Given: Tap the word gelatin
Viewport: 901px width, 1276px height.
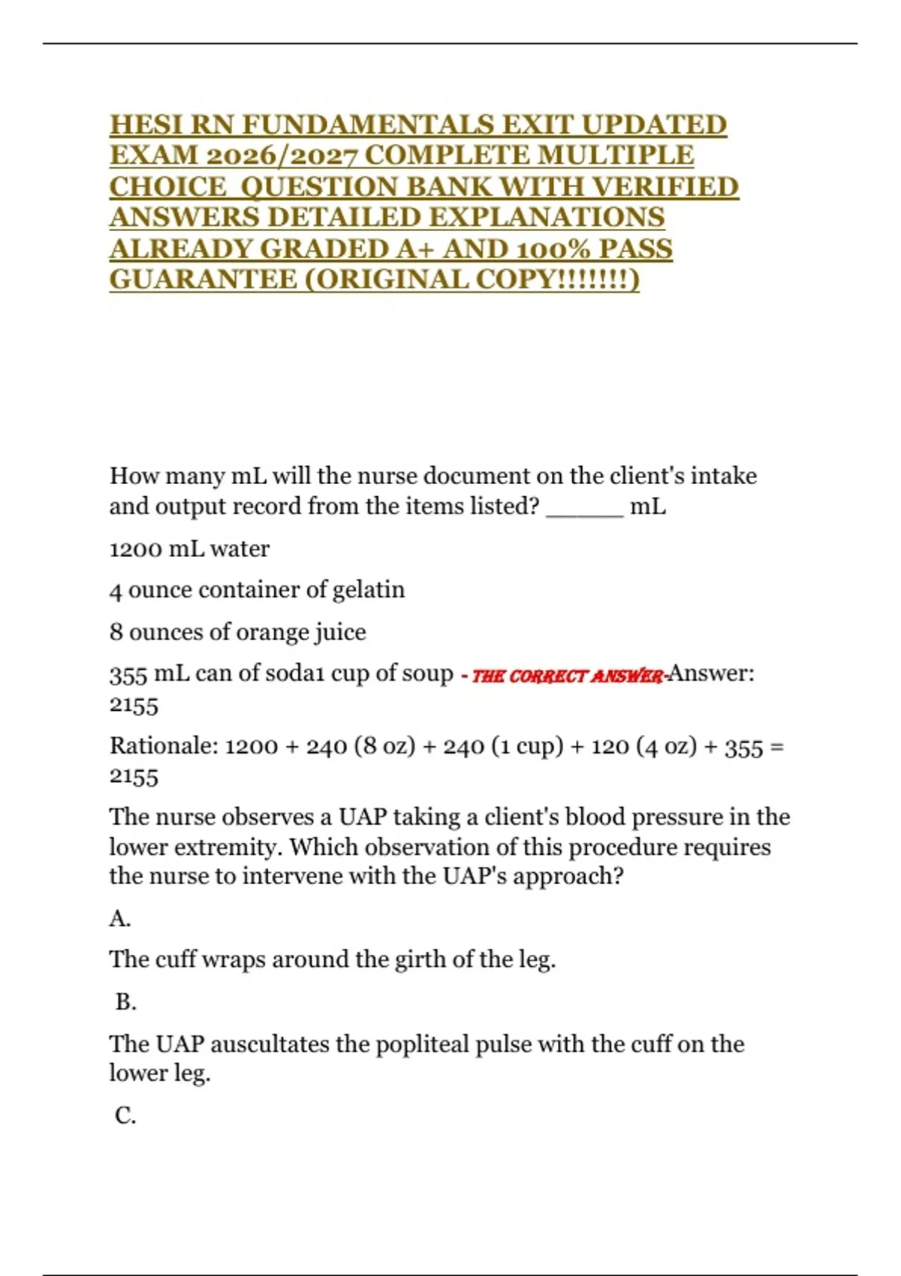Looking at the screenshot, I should pos(368,590).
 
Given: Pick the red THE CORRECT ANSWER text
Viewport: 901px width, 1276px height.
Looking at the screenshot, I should pos(568,676).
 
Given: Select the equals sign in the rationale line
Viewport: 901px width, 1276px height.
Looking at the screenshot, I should pos(777,746).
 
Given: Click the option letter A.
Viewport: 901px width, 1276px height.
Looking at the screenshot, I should pos(119,918).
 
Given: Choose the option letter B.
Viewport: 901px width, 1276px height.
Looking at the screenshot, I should pos(125,1002).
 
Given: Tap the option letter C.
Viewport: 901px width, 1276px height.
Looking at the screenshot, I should pos(125,1115).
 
